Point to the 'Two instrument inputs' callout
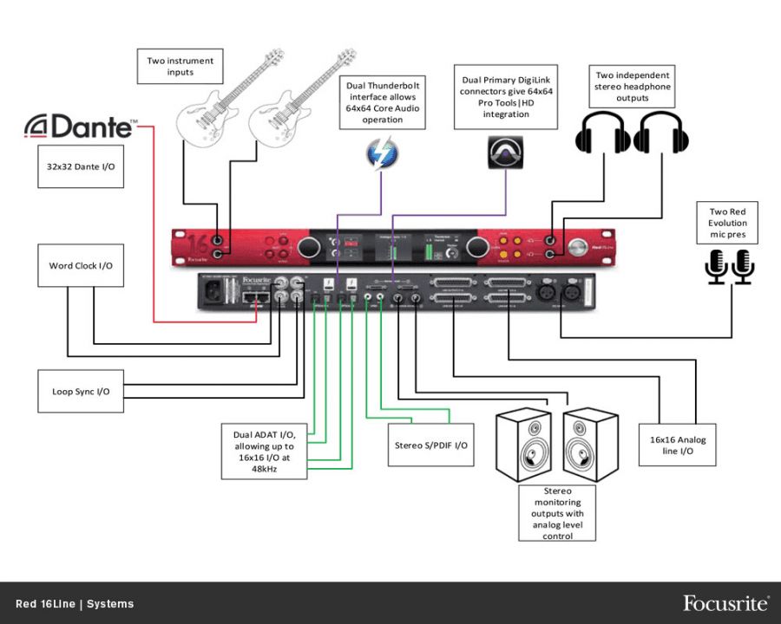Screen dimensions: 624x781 pos(180,67)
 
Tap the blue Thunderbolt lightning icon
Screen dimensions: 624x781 pos(383,156)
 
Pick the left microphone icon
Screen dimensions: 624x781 pos(716,266)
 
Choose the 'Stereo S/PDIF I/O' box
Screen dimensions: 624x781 pos(431,445)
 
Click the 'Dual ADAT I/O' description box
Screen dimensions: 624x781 pos(264,451)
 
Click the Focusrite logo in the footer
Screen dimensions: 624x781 pos(725,603)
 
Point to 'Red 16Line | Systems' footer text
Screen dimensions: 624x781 pos(75,604)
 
